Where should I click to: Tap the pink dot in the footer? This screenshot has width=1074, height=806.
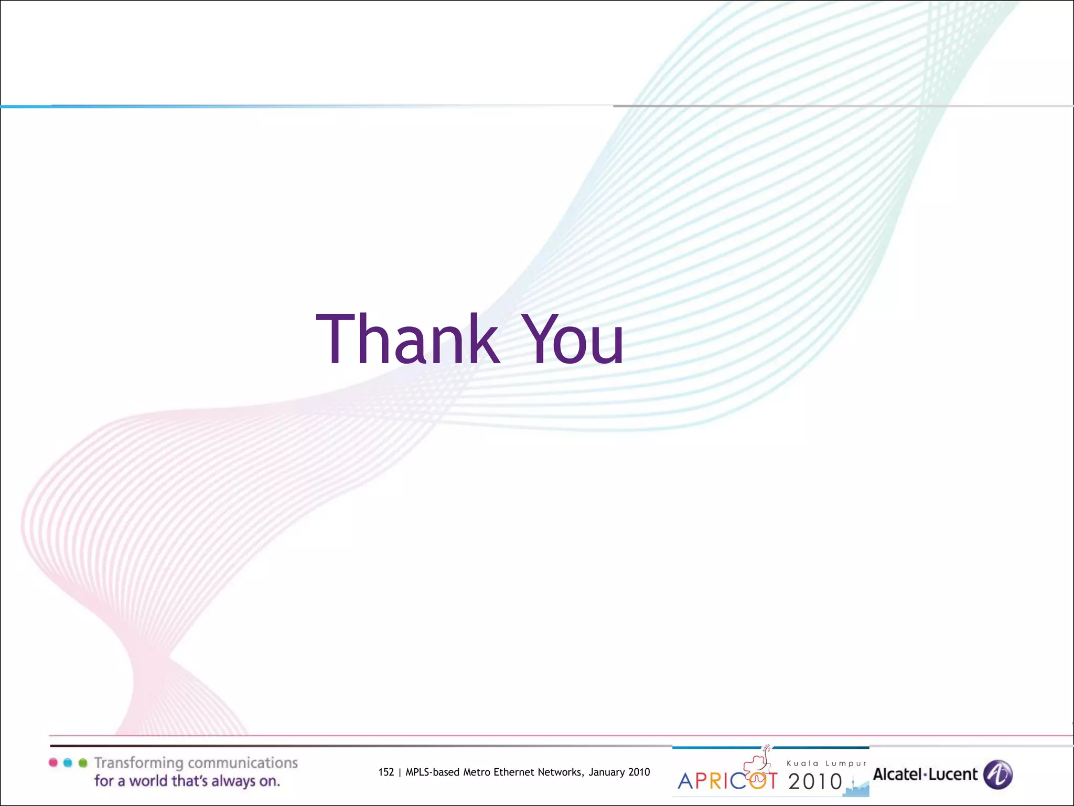click(x=53, y=762)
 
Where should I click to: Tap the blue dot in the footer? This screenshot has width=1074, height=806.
click(x=68, y=762)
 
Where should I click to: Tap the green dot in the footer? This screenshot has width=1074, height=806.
click(x=83, y=762)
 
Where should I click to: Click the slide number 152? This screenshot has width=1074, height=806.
click(x=386, y=772)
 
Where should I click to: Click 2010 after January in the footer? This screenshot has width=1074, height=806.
click(x=639, y=772)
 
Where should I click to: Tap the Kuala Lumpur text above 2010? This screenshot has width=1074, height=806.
click(x=826, y=763)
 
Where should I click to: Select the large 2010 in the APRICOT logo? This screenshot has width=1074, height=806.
click(x=815, y=782)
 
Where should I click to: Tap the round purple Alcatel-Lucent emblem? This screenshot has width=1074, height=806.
click(x=997, y=775)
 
